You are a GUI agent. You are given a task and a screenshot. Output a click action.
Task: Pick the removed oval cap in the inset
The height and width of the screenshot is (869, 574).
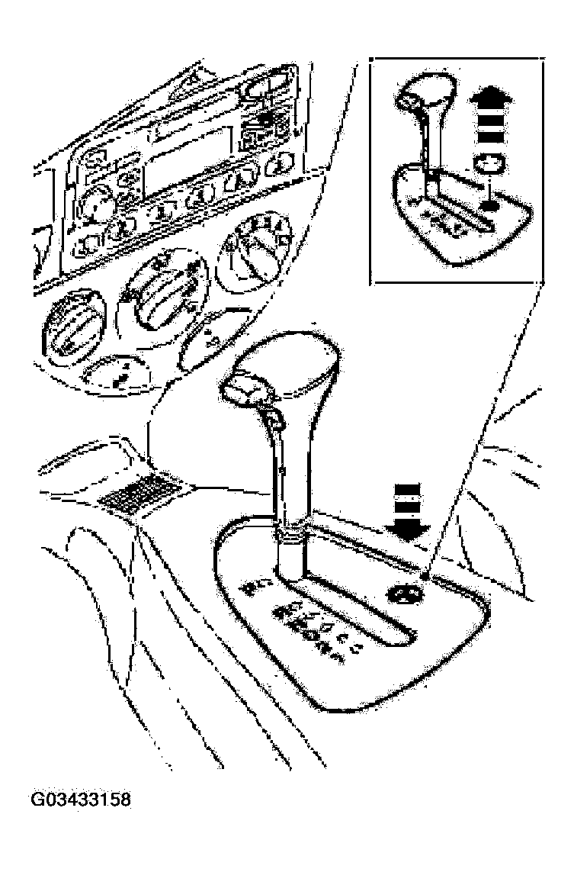point(489,166)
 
